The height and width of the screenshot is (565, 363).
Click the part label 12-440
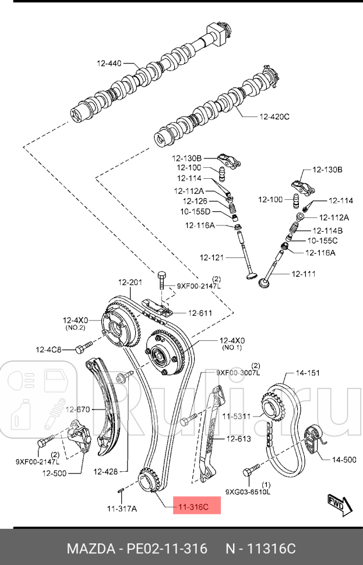click(109, 63)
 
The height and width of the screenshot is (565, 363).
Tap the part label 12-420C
click(274, 116)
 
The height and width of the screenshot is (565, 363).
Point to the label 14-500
click(344, 460)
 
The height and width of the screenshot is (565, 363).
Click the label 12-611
click(199, 313)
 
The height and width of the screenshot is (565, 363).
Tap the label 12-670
click(77, 409)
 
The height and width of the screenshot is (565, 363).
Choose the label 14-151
click(308, 373)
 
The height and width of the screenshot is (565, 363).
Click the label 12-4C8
click(48, 349)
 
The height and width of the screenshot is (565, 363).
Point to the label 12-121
click(212, 257)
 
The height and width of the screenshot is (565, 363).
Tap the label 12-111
click(303, 273)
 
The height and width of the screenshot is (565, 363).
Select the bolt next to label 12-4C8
click(81, 349)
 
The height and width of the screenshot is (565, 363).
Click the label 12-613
click(238, 439)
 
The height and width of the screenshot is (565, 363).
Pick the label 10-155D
click(195, 211)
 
